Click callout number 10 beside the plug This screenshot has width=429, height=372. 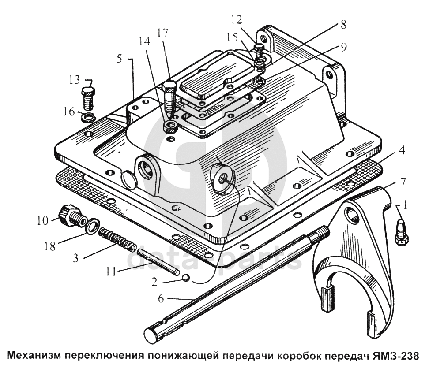coord(43,221)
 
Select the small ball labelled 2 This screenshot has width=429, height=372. coord(186,278)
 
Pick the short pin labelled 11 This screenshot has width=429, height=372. coord(158,262)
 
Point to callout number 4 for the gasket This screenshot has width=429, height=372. coord(402,150)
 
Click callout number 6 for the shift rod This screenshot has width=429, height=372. coord(161,299)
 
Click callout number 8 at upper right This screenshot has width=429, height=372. coord(343,25)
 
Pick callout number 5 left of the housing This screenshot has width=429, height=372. coord(119,59)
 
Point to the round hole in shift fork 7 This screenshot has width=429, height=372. coord(352,214)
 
